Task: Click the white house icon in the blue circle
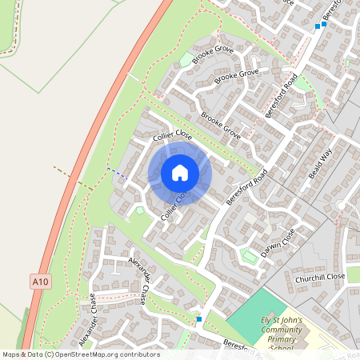[x=180, y=173]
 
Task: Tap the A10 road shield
[x=42, y=281]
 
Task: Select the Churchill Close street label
[x=319, y=277]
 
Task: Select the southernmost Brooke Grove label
[x=221, y=124]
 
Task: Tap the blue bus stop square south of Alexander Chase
[x=198, y=319]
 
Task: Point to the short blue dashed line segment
[x=117, y=172]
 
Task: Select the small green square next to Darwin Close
[x=249, y=256]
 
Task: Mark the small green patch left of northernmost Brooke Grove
[x=186, y=59]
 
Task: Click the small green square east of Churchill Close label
[x=354, y=274]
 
